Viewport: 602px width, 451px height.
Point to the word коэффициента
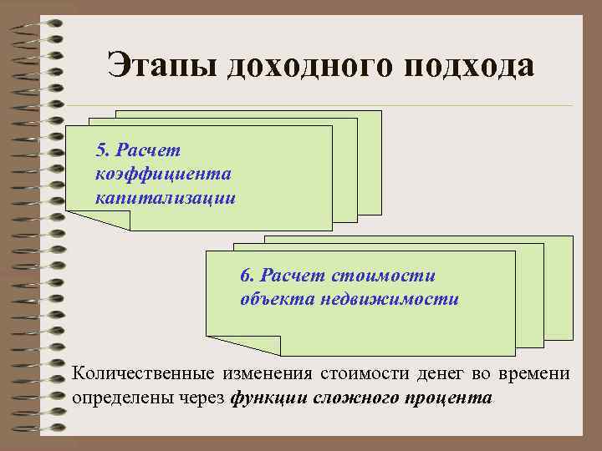point(164,175)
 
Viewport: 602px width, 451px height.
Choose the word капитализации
point(166,199)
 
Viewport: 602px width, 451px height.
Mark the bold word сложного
point(355,398)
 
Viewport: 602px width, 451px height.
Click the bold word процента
point(450,398)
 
